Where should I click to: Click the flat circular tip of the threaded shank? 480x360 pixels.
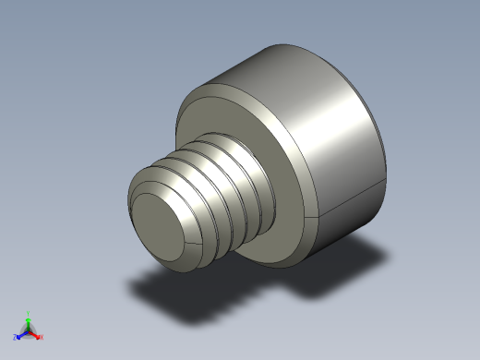coord(162,225)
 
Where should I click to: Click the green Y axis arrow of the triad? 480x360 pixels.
coord(29,319)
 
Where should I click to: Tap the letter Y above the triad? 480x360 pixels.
coord(29,313)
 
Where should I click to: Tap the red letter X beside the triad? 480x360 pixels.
coord(41,338)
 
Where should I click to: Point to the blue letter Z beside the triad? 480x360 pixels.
coord(15,339)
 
